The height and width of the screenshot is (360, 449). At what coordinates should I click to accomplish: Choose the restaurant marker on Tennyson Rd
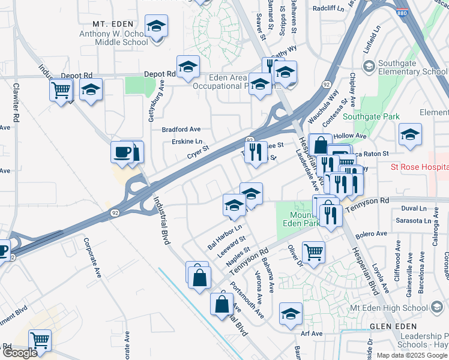[330, 214]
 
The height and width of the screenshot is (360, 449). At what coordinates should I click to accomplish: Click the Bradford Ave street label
[181, 129]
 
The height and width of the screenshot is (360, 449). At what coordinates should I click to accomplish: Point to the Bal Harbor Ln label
[224, 237]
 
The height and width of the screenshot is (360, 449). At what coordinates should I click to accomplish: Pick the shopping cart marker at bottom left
[40, 340]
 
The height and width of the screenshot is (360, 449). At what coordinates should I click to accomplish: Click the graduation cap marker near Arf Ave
[291, 315]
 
